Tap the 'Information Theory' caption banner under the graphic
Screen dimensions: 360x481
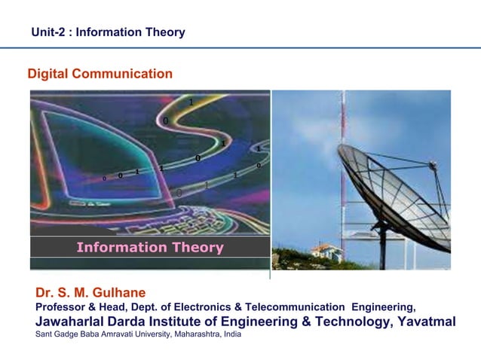(x=150, y=247)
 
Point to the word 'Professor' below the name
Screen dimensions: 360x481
(x=63, y=307)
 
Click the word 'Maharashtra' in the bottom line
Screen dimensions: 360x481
(x=200, y=334)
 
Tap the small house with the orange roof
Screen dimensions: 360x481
(x=326, y=251)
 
